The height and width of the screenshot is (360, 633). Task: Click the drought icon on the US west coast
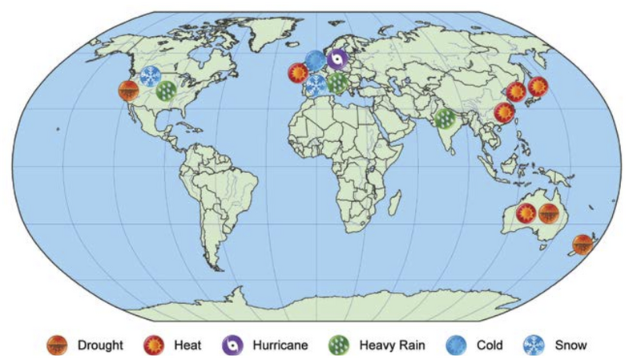tap(128, 91)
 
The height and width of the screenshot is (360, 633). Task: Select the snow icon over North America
tap(150, 77)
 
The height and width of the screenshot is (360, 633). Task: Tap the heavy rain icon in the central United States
tap(167, 91)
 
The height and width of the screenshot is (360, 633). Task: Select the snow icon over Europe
tap(316, 85)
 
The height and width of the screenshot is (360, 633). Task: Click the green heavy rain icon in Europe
tap(337, 82)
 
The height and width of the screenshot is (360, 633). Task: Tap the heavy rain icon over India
tap(446, 119)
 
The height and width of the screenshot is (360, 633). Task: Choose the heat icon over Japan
tap(537, 86)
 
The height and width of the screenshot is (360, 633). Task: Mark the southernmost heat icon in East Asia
tap(504, 113)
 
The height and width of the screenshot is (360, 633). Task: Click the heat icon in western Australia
tap(526, 213)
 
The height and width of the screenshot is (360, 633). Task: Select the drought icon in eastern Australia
tap(549, 214)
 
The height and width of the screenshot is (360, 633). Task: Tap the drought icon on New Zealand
tap(583, 244)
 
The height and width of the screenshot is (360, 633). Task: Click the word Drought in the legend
tap(100, 346)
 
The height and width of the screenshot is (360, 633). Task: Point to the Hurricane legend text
tap(279, 346)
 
